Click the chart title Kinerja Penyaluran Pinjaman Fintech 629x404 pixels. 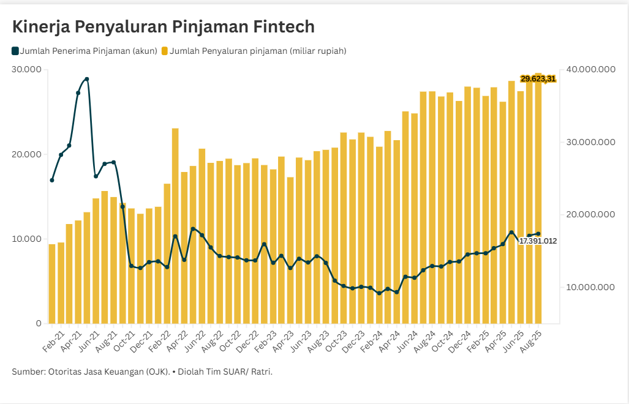click(164, 27)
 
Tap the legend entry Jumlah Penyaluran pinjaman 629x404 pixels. click(257, 51)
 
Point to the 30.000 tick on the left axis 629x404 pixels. click(26, 70)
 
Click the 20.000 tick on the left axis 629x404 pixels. click(26, 154)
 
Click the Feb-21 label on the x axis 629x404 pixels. click(54, 340)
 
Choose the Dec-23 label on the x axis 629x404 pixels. click(355, 340)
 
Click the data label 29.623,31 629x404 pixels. click(538, 79)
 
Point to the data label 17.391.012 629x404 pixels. click(538, 241)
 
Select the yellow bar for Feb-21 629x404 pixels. click(52, 283)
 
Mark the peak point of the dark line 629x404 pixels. click(87, 79)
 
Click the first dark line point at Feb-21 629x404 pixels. click(52, 180)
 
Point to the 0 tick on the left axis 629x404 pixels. click(38, 323)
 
